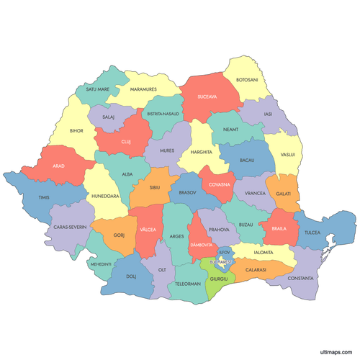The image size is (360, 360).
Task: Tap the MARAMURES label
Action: (143, 90)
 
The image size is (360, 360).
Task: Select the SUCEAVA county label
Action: (207, 96)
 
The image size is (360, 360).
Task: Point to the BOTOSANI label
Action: (246, 79)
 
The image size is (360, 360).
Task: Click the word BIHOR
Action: (76, 132)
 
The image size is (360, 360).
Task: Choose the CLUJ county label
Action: (126, 142)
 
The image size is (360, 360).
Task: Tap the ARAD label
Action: (58, 166)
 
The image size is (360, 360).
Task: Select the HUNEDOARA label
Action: (104, 195)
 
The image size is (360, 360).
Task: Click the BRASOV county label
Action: (188, 193)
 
